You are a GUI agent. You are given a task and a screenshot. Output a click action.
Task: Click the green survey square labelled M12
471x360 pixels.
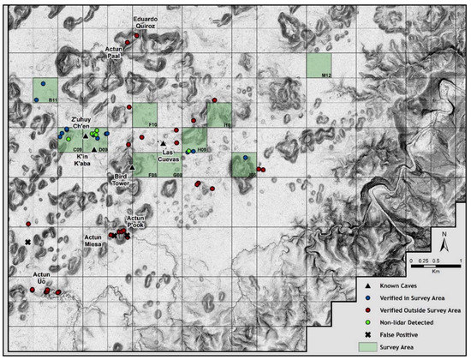pos(319,65)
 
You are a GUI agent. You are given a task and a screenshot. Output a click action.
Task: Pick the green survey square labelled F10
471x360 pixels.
pos(145,115)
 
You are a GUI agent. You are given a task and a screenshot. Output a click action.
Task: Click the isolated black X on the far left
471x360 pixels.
pos(27,243)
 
